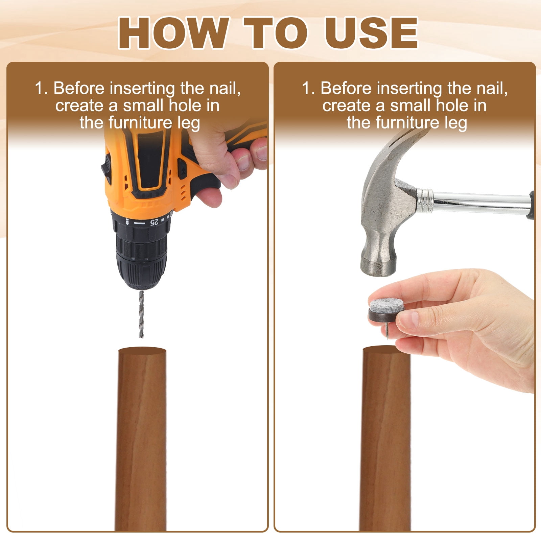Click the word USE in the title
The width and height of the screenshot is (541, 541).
point(371,33)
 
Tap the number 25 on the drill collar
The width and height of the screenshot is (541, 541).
point(154,222)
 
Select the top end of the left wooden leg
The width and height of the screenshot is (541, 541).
point(142,350)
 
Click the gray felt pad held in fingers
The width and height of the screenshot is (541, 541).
point(386,307)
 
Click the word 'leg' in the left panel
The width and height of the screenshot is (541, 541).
point(188,123)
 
